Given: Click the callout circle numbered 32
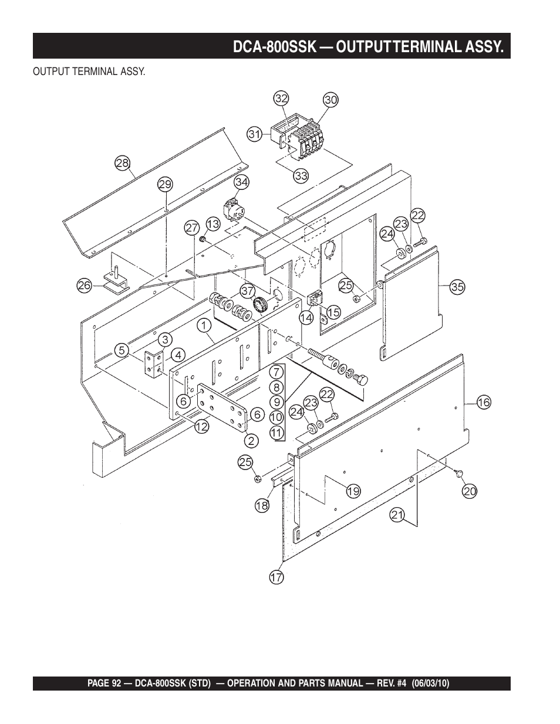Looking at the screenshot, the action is coord(281,98).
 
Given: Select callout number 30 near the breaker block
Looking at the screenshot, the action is coord(331,100).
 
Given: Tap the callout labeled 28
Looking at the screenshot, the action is coord(123,163).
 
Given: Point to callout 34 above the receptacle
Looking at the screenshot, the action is coord(242,182).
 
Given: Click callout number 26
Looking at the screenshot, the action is coord(85,285).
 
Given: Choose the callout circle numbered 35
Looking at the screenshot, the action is coord(458,287).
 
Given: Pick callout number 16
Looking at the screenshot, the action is coord(484,403).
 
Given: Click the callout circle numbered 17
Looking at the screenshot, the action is coord(276,577).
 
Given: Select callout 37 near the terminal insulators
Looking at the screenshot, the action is coord(248,291).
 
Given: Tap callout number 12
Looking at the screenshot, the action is coord(201,426).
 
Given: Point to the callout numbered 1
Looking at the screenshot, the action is coord(204,325).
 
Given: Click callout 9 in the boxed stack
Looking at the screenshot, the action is coord(277,403).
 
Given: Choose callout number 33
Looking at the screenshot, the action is coord(301,176).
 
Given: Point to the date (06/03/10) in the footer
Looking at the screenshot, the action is coord(430,683).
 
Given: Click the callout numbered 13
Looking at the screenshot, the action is coord(213,224).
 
